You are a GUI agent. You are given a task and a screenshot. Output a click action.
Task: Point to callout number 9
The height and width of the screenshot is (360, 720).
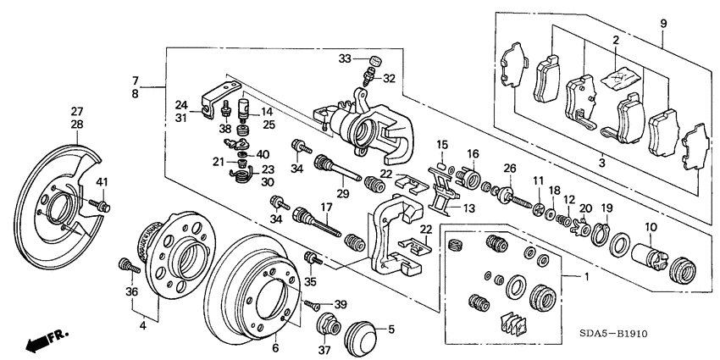[x=663, y=23]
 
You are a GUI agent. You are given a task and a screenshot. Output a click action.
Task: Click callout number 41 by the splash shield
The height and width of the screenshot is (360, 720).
[x=102, y=182]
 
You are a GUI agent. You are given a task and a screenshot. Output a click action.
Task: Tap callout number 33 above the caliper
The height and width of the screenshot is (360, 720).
[x=343, y=58]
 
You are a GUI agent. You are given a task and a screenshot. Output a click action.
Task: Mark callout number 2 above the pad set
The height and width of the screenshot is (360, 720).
[x=616, y=40]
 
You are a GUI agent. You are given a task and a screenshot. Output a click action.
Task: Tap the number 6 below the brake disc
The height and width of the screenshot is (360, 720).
[x=274, y=348]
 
